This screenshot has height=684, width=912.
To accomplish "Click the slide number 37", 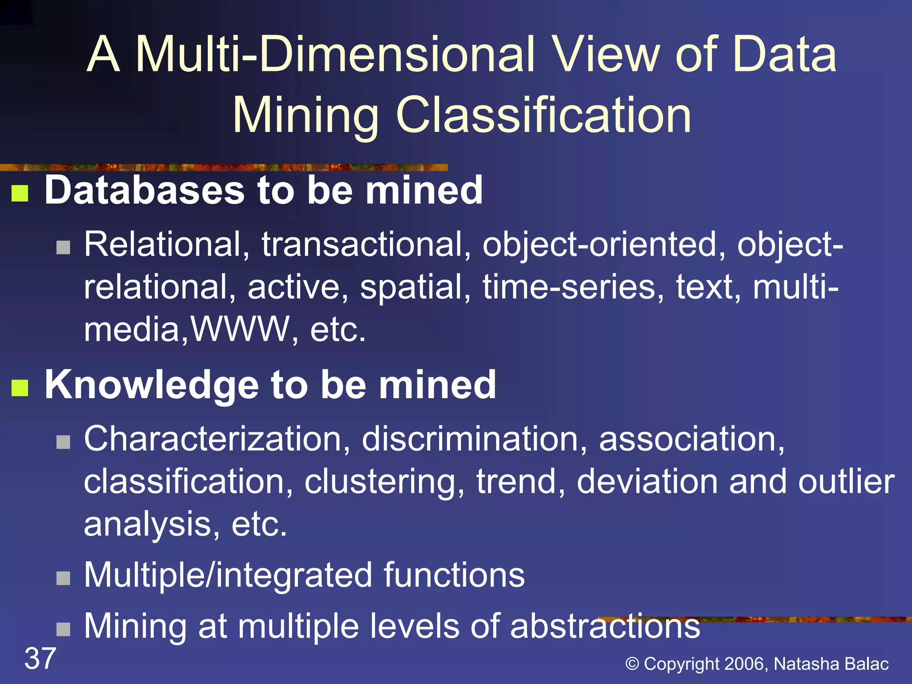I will pos(40,658).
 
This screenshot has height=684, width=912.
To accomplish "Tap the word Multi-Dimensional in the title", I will pos(334,54).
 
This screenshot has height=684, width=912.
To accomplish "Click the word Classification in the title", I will pos(543,115).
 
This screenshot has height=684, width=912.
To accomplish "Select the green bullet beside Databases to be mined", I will pos(20,193).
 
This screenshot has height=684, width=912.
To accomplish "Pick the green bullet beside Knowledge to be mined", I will pos(20,387).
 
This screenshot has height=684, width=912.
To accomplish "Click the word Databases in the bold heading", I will pos(144,191).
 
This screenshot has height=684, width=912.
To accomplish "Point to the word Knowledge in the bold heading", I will pos(151,385).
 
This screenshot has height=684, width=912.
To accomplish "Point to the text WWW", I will pos(240,330).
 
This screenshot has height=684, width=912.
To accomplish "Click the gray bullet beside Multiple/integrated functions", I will pos(63,578).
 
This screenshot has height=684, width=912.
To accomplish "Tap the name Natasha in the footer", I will pos(806,664).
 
